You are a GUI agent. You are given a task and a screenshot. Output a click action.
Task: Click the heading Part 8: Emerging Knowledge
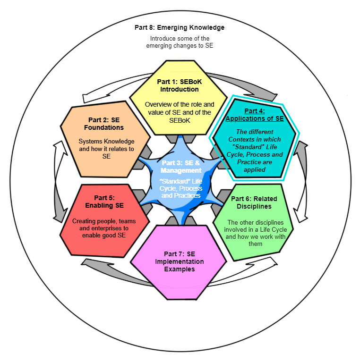pos(179,27)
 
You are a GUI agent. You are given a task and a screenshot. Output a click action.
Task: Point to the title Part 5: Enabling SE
pos(104,202)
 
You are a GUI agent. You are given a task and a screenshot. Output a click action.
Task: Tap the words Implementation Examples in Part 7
pos(179,265)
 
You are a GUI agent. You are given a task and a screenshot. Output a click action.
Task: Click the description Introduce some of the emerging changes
pos(179,42)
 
